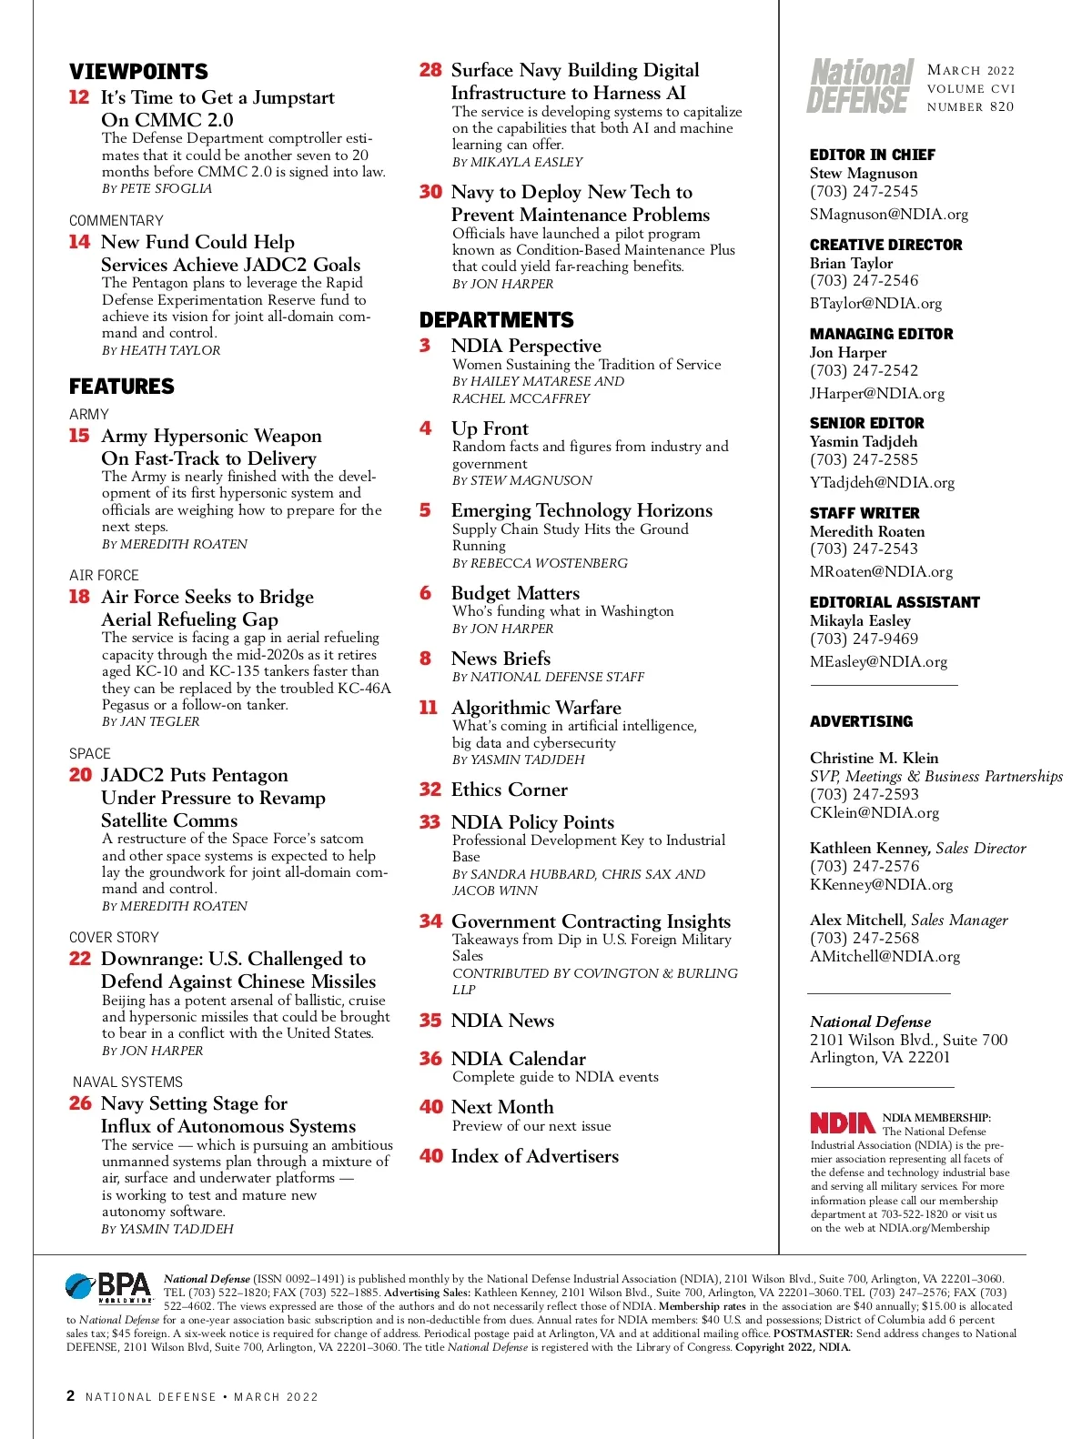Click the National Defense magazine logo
860,86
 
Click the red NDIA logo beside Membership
843,1122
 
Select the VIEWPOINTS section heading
138,72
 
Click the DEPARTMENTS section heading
496,320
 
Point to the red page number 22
80,959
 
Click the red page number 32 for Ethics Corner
430,790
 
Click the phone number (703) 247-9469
864,639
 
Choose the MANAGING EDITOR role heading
881,334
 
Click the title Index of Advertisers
534,1156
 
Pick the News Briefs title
500,658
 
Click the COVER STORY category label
114,937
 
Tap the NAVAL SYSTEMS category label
127,1082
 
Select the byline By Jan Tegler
150,721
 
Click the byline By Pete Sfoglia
157,188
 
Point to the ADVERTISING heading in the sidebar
861,721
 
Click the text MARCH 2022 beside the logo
970,70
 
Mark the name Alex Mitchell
856,920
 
